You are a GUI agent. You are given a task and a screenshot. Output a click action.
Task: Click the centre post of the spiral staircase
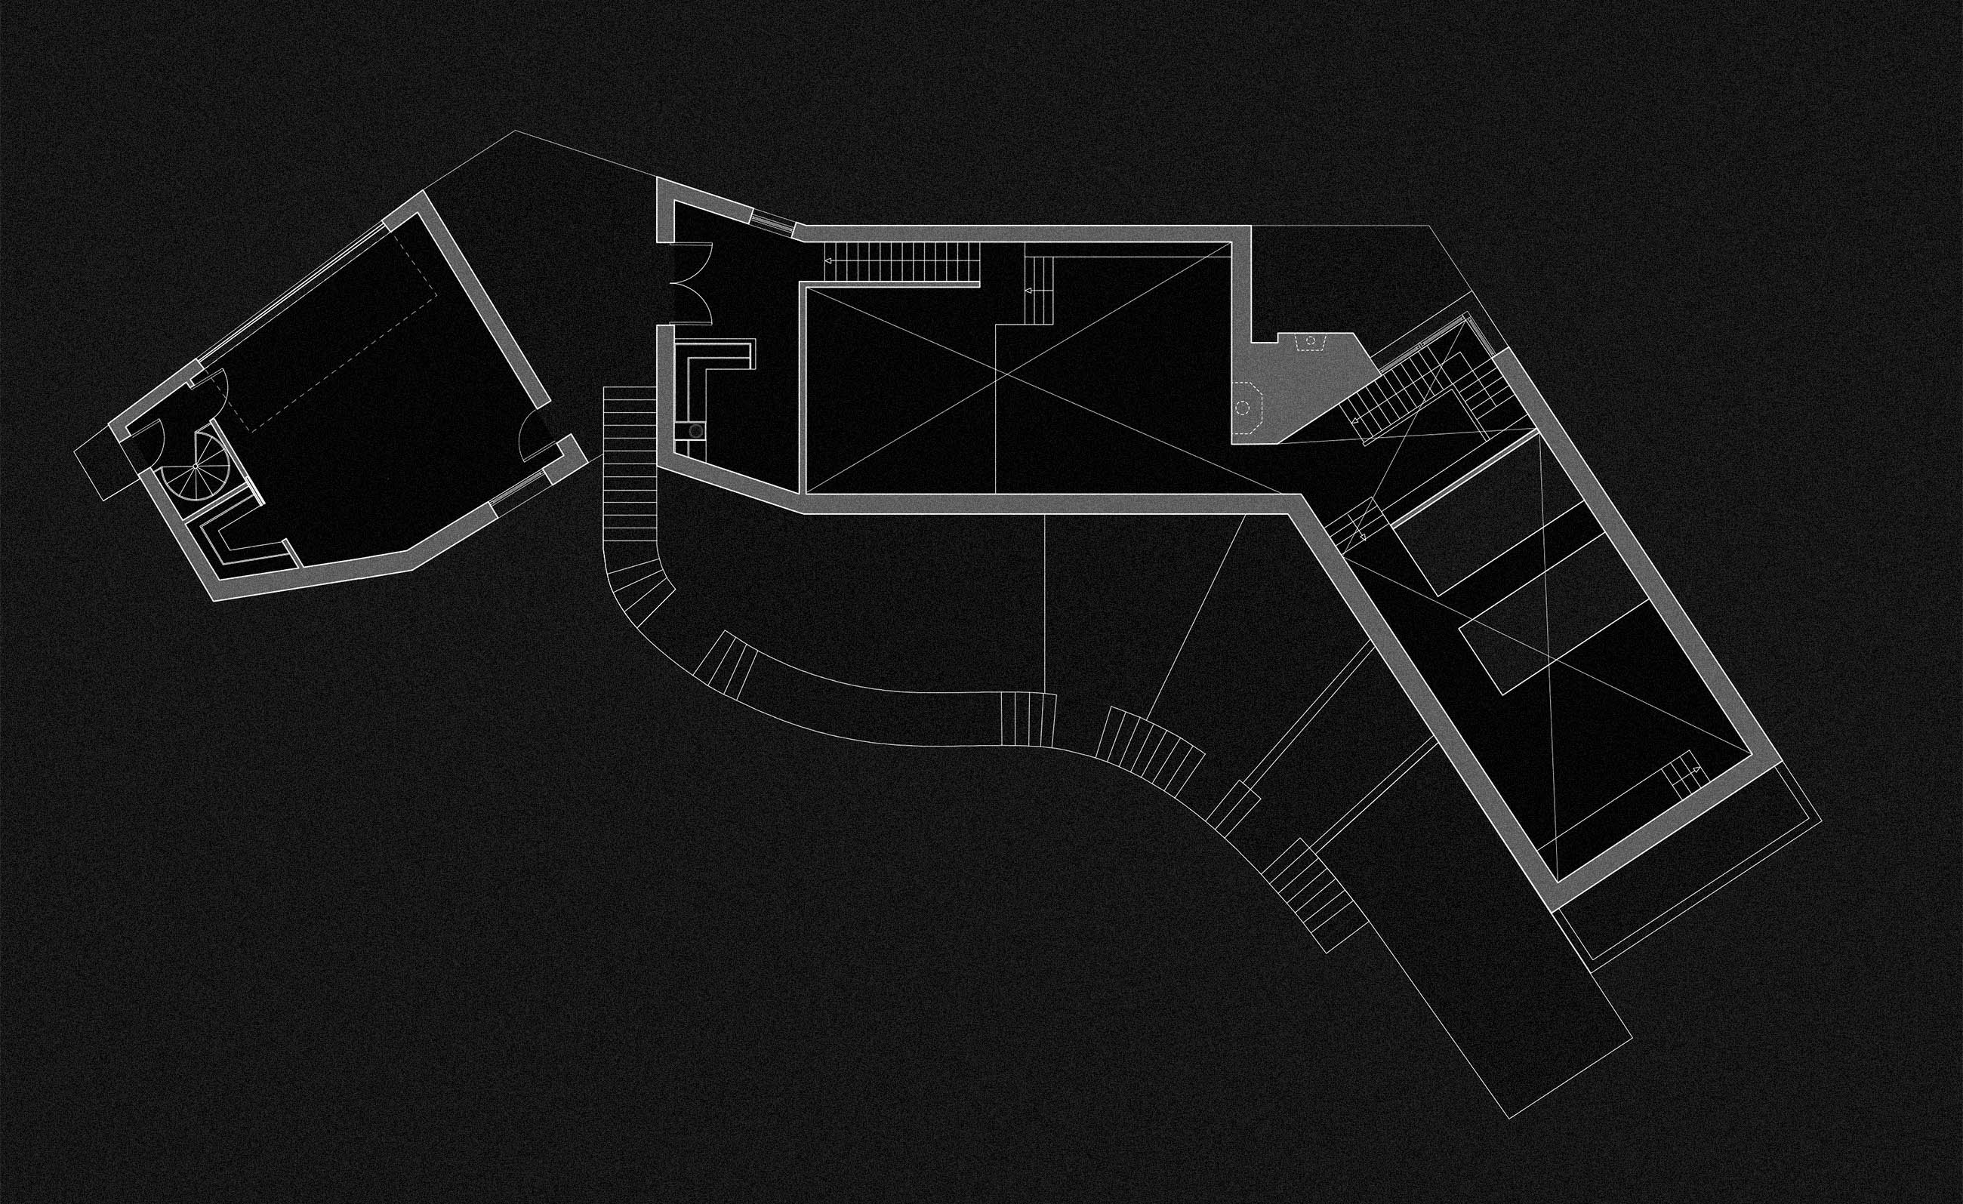(196, 467)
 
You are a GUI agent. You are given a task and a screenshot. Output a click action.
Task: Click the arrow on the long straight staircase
(828, 260)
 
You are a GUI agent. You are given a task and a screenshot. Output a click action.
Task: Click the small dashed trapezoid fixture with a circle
(1309, 343)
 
